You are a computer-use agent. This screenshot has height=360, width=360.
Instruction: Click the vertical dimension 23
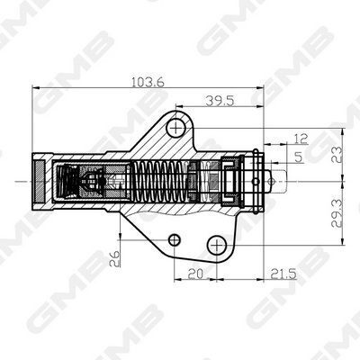[x=335, y=154]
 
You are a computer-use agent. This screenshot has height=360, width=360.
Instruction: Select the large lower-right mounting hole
[x=216, y=244]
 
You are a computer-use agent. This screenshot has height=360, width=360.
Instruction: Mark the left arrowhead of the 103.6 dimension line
[x=37, y=89]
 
